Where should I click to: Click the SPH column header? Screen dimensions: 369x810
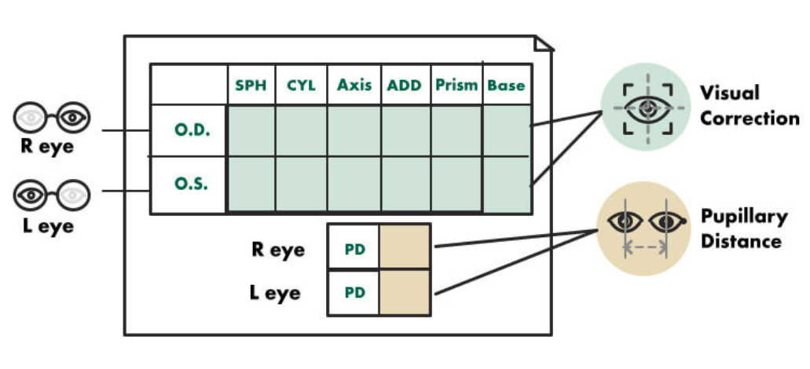(x=251, y=85)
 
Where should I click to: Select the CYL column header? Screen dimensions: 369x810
(x=301, y=85)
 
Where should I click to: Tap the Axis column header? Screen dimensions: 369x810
(x=354, y=85)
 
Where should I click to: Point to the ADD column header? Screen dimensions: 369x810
(x=405, y=85)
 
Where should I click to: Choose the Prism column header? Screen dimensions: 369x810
(x=456, y=85)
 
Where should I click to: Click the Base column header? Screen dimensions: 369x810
(x=506, y=85)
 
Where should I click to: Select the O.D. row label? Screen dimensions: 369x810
(x=192, y=130)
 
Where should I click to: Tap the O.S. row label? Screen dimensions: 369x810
(x=192, y=184)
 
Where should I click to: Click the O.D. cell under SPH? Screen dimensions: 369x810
(x=251, y=130)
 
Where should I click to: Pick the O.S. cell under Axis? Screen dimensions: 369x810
(x=354, y=184)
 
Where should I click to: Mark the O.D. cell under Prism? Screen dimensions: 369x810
(x=456, y=130)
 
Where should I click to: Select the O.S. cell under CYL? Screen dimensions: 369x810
(x=301, y=184)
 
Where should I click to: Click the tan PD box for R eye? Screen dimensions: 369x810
(x=405, y=247)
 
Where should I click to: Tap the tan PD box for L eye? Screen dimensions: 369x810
(x=405, y=293)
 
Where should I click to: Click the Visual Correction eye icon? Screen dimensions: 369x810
(x=646, y=108)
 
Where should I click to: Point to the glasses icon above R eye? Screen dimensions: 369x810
(x=52, y=118)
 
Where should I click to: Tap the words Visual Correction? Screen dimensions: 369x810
(x=750, y=105)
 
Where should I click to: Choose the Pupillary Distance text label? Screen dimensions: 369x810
(x=742, y=228)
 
